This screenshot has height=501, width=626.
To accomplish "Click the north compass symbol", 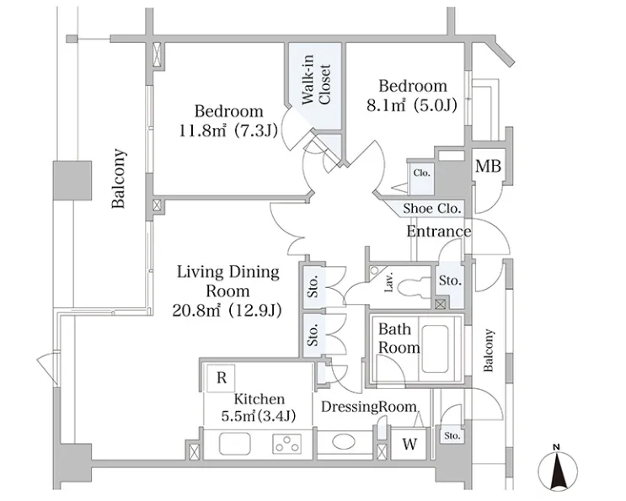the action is click(557, 469).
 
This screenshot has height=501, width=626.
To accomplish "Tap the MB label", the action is click(488, 166).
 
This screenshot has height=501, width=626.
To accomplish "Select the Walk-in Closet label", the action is click(316, 80).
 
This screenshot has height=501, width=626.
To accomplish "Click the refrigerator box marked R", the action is click(222, 377).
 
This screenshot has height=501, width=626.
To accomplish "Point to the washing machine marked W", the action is click(409, 444).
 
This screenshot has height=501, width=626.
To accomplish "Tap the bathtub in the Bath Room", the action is click(435, 349).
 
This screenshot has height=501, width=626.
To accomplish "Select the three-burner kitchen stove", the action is click(287, 444).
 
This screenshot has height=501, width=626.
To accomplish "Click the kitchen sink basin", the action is click(235, 444).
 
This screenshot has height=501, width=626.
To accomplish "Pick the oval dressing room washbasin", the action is click(344, 442).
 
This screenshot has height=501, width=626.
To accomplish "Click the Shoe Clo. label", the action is click(432, 208).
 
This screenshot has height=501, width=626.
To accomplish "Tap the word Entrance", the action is click(439, 232).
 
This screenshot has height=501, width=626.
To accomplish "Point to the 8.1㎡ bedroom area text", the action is click(412, 106).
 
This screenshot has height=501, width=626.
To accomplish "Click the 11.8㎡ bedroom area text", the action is click(228, 131).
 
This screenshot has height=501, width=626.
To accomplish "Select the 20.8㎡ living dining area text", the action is click(227, 310).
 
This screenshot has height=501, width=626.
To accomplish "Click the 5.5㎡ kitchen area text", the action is click(259, 416).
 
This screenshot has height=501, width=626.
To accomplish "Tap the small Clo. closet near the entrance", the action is click(421, 173).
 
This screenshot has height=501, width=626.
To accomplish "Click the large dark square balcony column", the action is click(72, 180).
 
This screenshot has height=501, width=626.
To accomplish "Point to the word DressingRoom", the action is click(369, 407).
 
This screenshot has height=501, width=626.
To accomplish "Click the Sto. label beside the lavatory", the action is click(450, 280).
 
